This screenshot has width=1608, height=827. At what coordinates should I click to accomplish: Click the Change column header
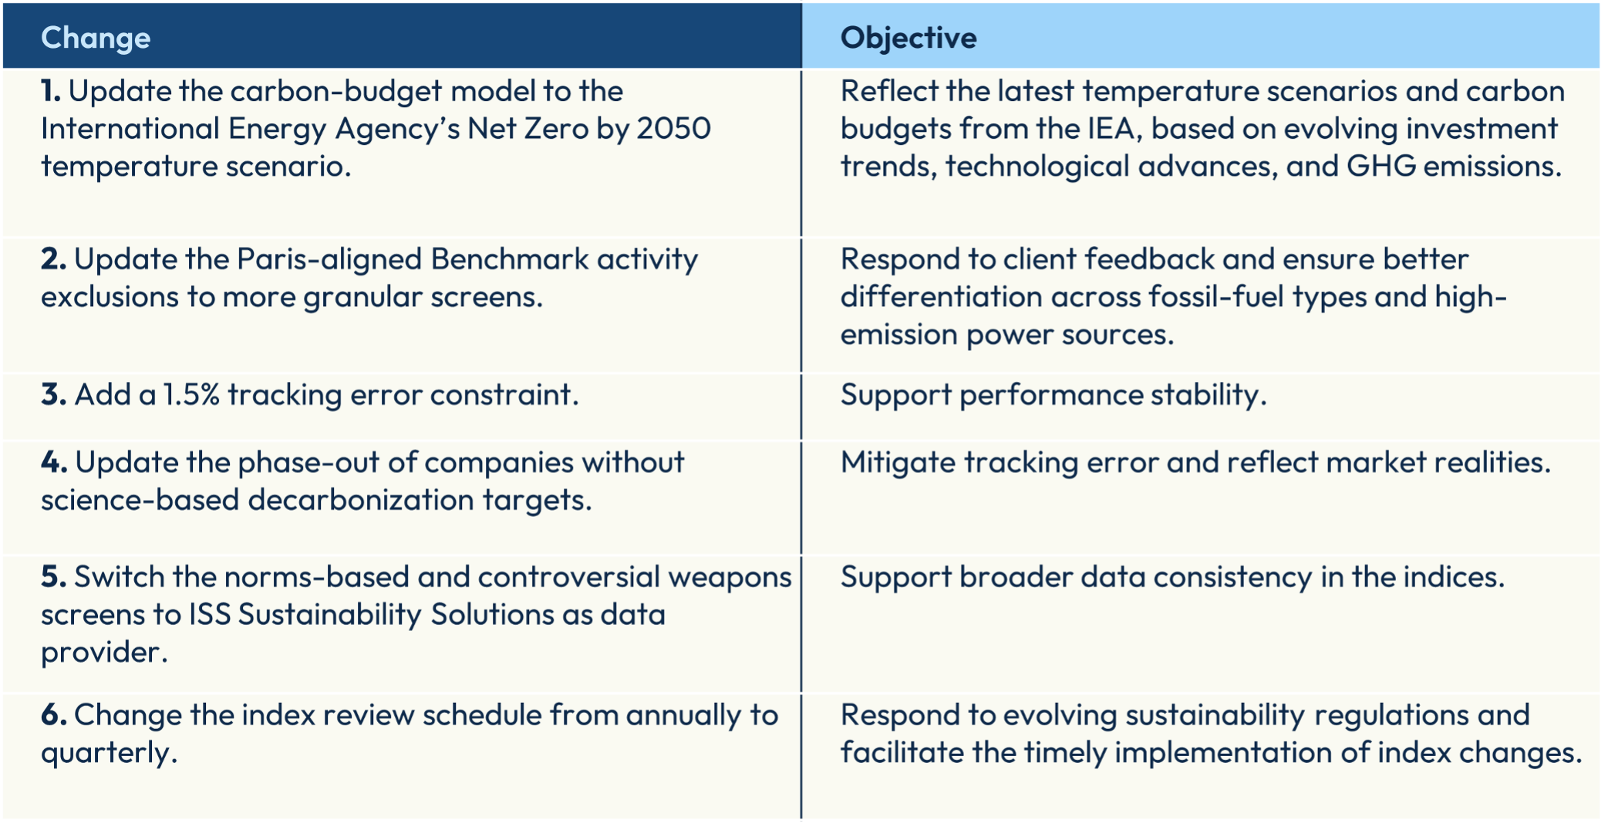(96, 38)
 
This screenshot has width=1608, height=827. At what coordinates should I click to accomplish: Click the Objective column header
(909, 38)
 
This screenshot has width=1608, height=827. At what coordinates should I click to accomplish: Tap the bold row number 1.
(50, 91)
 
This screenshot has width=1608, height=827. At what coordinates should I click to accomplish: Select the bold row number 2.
(53, 259)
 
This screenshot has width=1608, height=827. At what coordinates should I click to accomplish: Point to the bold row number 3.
(53, 394)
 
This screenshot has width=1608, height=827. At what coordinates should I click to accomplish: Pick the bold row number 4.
(54, 462)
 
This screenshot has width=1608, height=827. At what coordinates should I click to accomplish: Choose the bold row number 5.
(54, 576)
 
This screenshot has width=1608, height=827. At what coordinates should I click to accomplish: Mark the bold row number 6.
(54, 714)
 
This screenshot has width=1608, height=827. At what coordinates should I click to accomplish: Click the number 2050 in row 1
(673, 128)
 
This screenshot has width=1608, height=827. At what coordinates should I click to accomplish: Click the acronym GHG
(1381, 166)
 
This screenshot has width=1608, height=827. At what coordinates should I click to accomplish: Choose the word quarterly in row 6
(109, 753)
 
